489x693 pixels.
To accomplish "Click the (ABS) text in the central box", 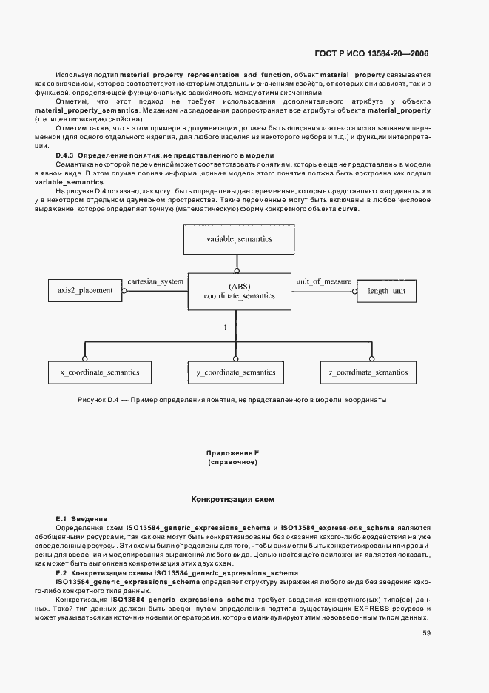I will click(x=238, y=285).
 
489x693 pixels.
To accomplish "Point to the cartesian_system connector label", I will click(x=155, y=282).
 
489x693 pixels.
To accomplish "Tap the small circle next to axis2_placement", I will click(x=125, y=292).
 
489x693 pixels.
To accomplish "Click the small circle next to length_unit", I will click(x=353, y=292).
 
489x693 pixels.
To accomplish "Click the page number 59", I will click(x=427, y=633).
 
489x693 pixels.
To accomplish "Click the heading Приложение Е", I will click(x=232, y=452).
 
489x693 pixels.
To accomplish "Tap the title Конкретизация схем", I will click(x=232, y=500).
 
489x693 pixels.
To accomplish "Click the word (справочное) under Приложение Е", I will click(x=232, y=462).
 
